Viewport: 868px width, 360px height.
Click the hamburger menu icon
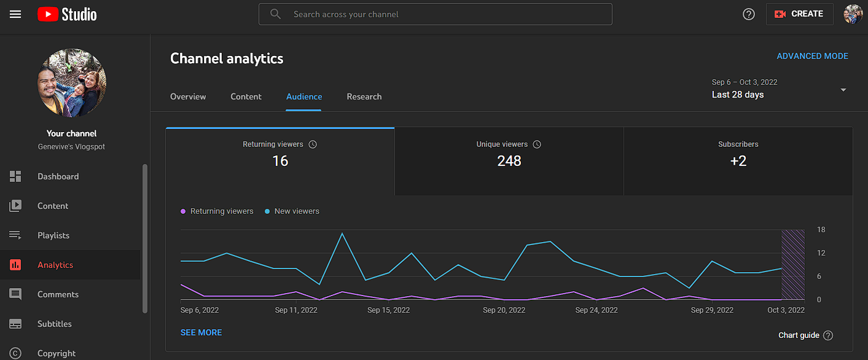coord(15,14)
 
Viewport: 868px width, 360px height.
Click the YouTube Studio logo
coord(67,14)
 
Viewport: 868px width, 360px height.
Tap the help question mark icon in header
coord(749,14)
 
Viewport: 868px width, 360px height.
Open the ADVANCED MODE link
coord(812,56)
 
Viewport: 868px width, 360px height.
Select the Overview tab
coord(188,96)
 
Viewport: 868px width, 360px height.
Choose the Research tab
coord(364,96)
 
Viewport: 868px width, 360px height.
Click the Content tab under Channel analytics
coord(246,96)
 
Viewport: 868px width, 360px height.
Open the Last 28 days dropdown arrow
coord(843,90)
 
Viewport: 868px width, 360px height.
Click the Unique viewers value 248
coord(509,161)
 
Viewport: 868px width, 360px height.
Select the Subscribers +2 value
coord(738,161)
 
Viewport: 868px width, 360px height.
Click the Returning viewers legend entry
coord(217,211)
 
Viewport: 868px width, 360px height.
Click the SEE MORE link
coord(201,332)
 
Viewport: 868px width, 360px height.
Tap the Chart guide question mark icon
coord(828,335)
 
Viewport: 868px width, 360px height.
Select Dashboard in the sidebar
coord(58,176)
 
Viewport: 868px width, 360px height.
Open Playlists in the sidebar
coord(53,235)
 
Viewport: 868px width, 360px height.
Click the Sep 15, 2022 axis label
coord(388,310)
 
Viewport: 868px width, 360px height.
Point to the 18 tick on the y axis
coord(821,230)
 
